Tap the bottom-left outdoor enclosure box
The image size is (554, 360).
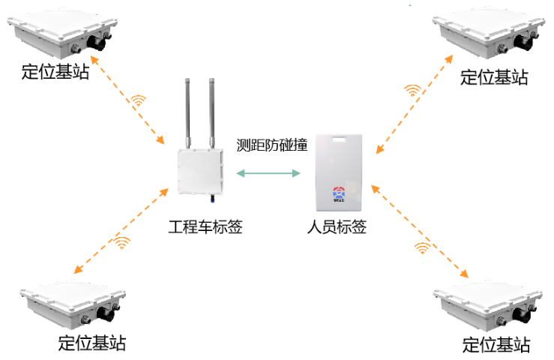pos(72,304)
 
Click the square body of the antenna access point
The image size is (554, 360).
pos(200,171)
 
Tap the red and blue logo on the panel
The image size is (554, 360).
pos(338,192)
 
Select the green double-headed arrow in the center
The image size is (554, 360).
pos(268,173)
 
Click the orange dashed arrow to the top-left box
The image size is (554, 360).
pos(127,99)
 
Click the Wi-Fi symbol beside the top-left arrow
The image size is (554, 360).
pos(139,100)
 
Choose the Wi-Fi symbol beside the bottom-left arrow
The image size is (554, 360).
pos(123,241)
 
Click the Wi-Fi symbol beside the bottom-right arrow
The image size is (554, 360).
pos(423,247)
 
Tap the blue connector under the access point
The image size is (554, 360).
pos(212,199)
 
